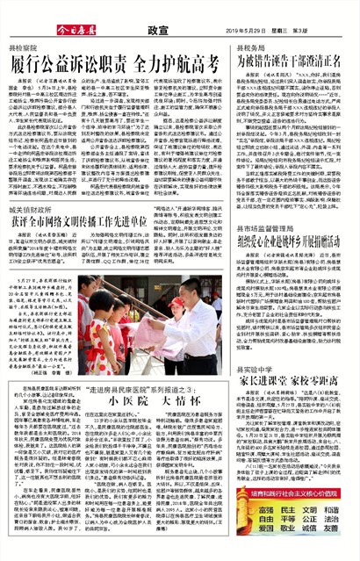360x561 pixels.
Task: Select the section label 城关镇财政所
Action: coord(30,211)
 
